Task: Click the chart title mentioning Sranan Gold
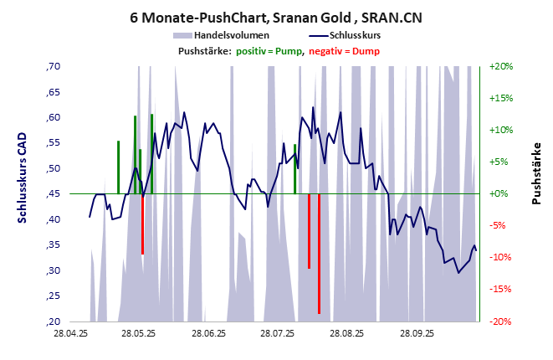click(x=276, y=16)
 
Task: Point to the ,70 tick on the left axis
click(x=54, y=66)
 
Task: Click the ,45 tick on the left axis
click(x=54, y=194)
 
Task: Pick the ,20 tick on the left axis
click(x=54, y=321)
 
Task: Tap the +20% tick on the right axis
click(x=500, y=66)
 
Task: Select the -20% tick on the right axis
click(x=500, y=321)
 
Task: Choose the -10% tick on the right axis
click(x=500, y=258)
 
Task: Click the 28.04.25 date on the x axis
click(x=70, y=333)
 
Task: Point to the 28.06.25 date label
click(x=208, y=333)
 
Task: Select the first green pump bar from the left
click(x=118, y=167)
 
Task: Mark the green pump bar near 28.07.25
click(x=294, y=168)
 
